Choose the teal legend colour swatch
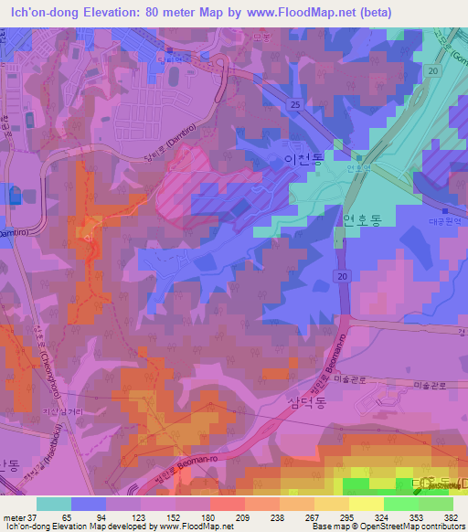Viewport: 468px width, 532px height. [54, 504]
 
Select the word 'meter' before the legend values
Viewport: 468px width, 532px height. [13, 516]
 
